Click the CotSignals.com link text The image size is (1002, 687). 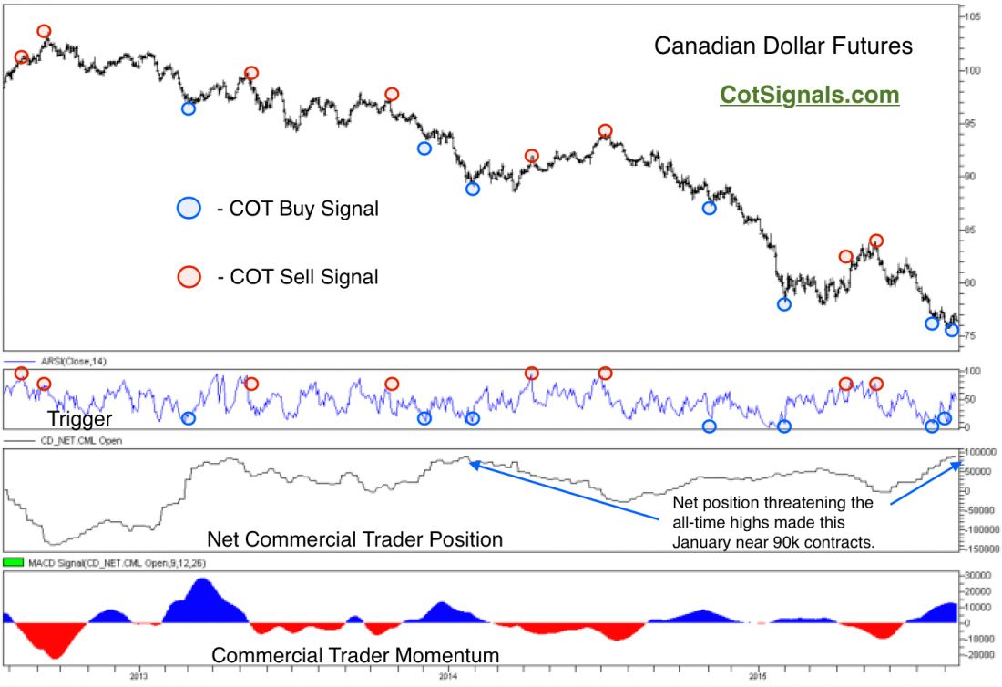click(x=809, y=95)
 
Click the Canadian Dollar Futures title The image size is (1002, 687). click(x=783, y=46)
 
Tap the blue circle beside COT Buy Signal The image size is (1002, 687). click(x=189, y=208)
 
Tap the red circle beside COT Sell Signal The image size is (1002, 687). click(x=189, y=277)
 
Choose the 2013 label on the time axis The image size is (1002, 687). click(x=138, y=675)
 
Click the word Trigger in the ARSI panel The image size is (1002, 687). click(x=79, y=419)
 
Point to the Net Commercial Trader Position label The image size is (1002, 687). click(x=354, y=539)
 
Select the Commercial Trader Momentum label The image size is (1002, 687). click(x=355, y=654)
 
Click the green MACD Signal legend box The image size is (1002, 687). click(x=13, y=562)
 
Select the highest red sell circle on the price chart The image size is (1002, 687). click(x=44, y=32)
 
